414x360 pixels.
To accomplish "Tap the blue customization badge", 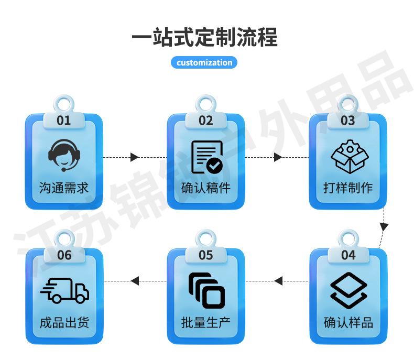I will click(204, 63).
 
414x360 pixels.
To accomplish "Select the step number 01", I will click(63, 121).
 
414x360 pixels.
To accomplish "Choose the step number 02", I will click(206, 121).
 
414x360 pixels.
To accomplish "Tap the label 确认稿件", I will click(206, 188).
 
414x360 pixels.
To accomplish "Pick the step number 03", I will click(348, 121).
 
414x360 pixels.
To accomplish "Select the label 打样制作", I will click(348, 188).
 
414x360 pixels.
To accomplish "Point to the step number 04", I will click(348, 255).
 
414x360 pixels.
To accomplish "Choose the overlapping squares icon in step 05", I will click(206, 290).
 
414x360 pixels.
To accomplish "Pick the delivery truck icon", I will click(64, 290).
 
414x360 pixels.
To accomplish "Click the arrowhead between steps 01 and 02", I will click(134, 157).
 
